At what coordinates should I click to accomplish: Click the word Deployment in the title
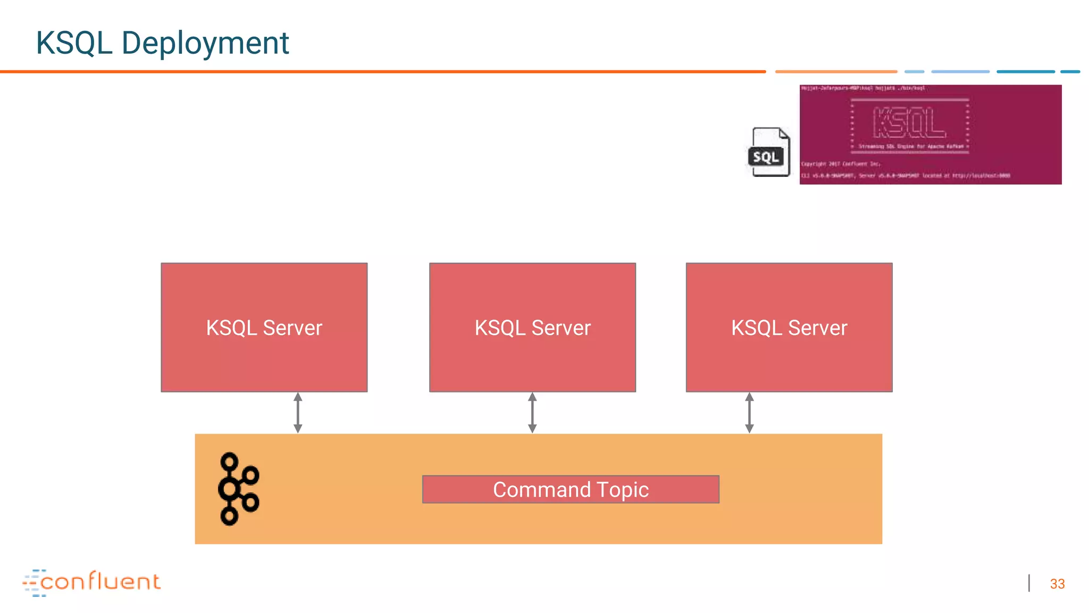205,43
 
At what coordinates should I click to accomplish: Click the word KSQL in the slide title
73,43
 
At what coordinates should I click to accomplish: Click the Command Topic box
571,489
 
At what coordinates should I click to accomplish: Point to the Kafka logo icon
238,488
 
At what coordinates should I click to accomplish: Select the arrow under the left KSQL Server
298,413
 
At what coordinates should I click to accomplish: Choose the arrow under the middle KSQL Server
532,413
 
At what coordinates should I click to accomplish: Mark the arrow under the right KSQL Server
749,413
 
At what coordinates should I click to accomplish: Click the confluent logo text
100,581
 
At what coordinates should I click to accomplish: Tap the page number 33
1057,584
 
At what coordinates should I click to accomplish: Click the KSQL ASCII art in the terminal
909,122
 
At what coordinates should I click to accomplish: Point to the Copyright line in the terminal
841,164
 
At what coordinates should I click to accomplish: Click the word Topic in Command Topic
623,490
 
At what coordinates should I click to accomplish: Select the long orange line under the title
383,71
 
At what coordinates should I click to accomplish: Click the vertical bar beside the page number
1029,583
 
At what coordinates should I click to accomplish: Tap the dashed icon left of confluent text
33,583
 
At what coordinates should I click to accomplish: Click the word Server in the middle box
561,328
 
